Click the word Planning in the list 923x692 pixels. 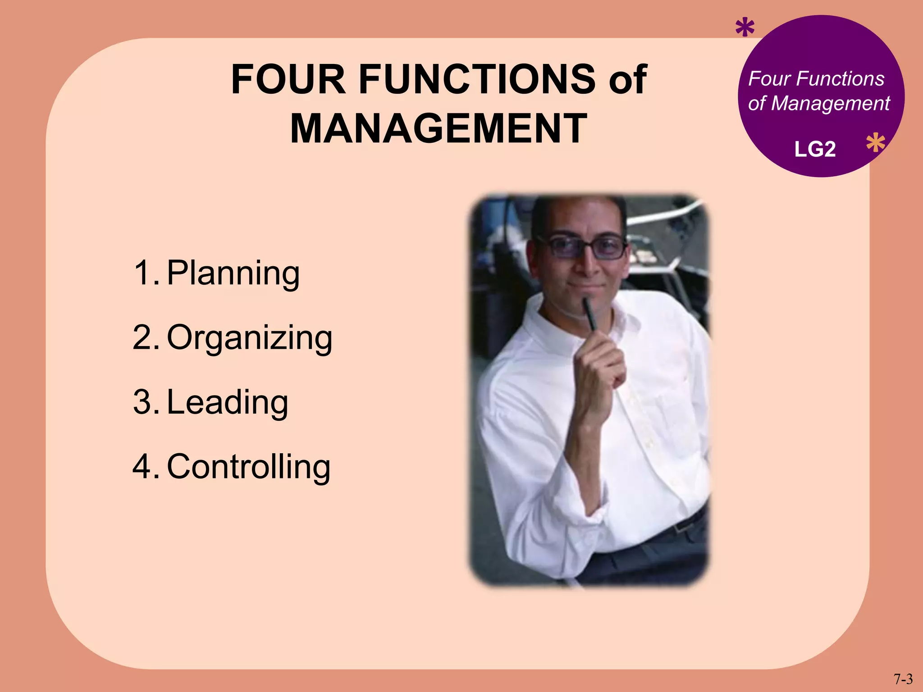coord(233,273)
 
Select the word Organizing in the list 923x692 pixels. coord(250,338)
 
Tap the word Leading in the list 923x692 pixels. coord(228,402)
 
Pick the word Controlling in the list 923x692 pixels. coord(249,467)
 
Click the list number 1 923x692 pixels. coord(144,273)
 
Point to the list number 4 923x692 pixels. coord(144,467)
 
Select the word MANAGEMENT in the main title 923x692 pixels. coord(439,129)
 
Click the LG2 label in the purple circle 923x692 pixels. coord(815,149)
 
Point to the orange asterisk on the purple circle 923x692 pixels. coord(875,144)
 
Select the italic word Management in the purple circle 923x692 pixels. coord(830,104)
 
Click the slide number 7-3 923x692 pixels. coord(903,678)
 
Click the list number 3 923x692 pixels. coord(144,402)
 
